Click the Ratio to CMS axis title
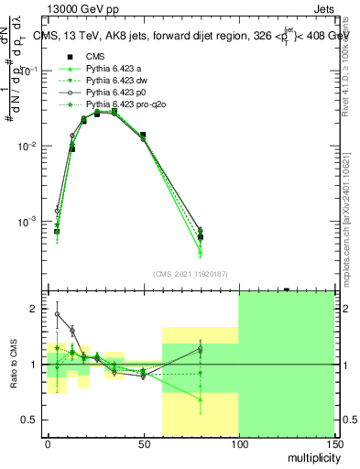click(13, 365)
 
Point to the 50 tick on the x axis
click(143, 443)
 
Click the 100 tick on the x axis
click(238, 443)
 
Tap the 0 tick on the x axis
click(48, 443)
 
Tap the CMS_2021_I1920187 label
click(190, 274)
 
